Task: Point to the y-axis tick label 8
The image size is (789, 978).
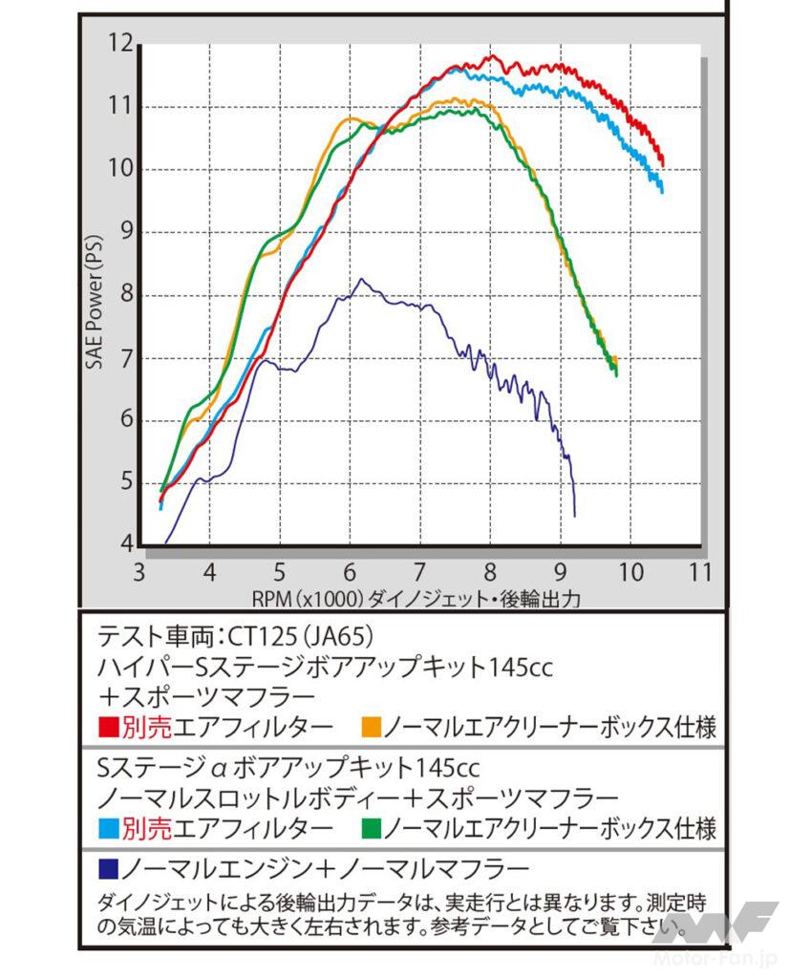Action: click(124, 295)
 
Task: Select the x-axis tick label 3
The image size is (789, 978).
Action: click(140, 572)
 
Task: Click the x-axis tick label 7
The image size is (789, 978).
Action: click(420, 572)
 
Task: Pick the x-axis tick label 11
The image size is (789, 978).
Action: click(700, 572)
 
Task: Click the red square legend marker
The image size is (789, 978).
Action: click(107, 728)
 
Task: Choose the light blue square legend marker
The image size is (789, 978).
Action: click(107, 826)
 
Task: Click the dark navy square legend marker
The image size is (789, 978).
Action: click(107, 869)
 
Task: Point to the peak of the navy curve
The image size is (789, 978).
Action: click(361, 279)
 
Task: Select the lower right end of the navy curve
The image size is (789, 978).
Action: click(574, 515)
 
